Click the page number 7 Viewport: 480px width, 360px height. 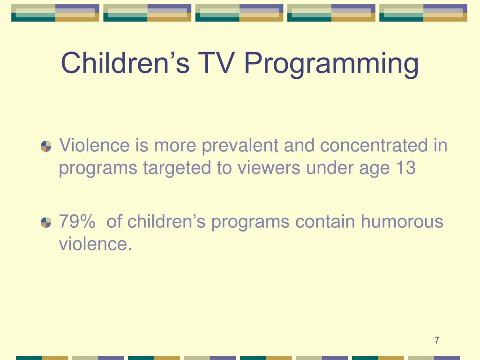pos(436,340)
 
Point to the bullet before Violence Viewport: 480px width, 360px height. pos(46,146)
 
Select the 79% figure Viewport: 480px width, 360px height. pos(77,221)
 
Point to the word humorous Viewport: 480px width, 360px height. pos(401,221)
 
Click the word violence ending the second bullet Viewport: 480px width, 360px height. pos(94,244)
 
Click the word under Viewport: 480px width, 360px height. pos(328,168)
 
